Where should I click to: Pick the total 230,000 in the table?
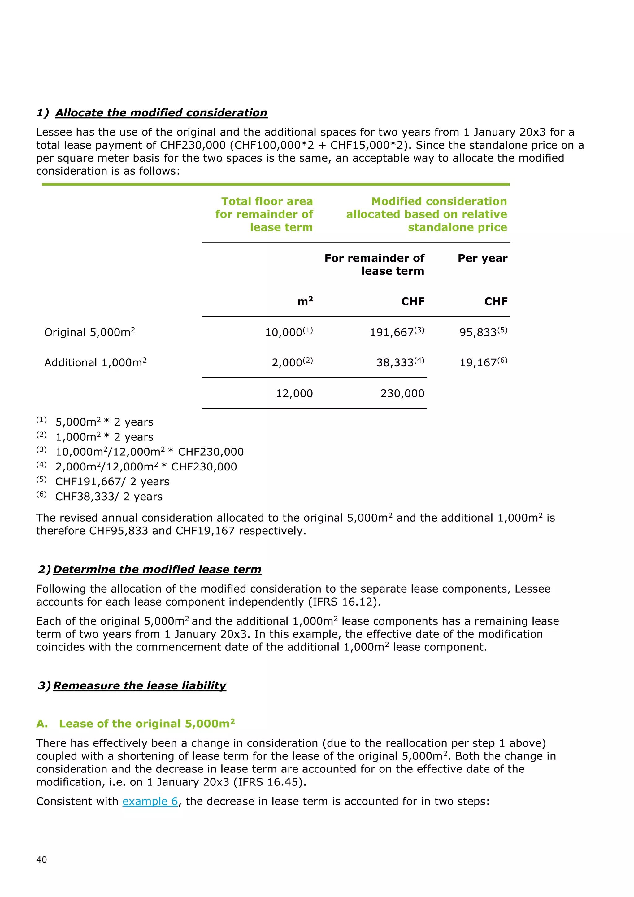402,393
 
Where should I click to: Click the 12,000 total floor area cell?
294,393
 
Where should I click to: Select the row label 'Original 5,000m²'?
89,332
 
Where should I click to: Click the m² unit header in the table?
305,301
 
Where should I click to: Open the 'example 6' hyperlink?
150,801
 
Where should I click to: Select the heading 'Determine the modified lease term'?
157,569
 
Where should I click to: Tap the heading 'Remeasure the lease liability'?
139,686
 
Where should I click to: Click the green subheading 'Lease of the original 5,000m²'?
146,724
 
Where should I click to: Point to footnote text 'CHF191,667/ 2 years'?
112,481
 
